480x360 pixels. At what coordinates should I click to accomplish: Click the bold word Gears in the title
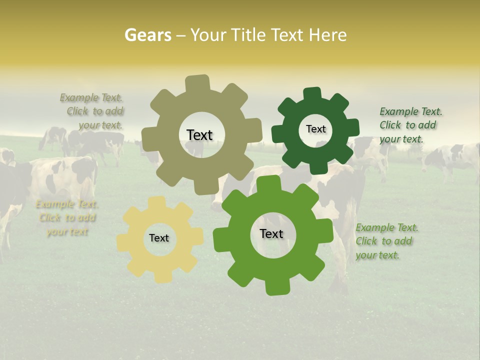point(147,35)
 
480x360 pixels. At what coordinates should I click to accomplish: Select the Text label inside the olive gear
point(199,135)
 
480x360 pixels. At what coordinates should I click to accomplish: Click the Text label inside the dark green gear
point(315,129)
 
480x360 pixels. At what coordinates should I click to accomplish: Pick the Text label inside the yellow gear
point(159,238)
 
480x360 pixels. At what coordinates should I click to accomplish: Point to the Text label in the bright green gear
point(271,233)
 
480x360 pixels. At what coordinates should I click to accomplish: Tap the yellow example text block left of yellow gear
point(66,218)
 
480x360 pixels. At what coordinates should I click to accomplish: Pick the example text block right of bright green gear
point(386,241)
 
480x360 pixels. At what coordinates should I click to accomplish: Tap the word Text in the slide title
point(286,35)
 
